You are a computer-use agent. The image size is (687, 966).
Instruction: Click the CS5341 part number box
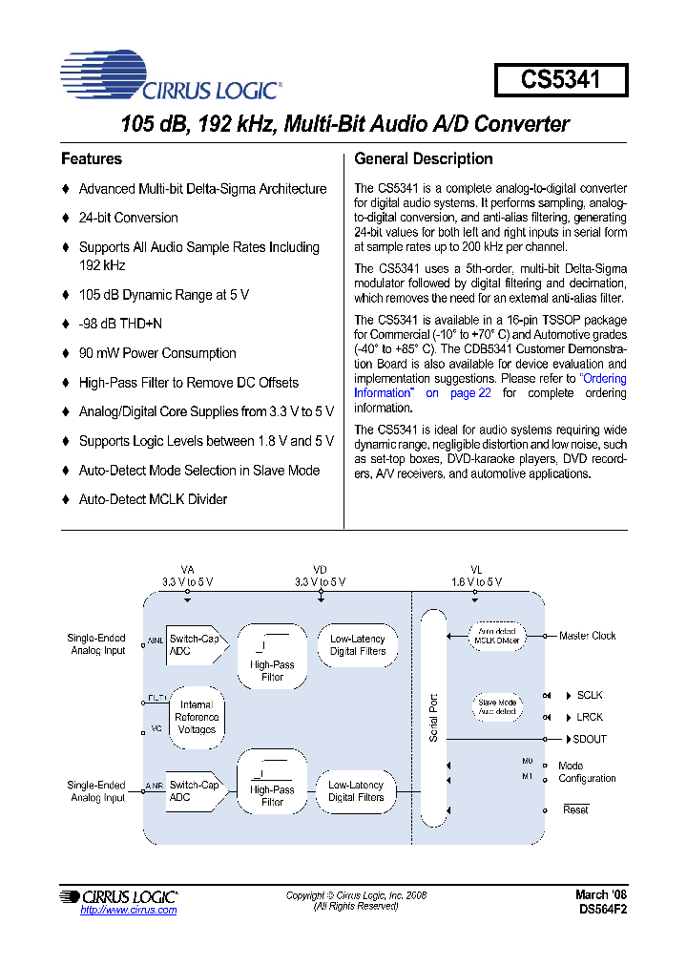561,80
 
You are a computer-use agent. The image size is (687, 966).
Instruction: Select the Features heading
92,159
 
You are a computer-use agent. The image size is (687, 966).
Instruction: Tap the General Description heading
423,159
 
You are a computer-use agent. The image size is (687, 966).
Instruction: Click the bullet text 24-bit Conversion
128,218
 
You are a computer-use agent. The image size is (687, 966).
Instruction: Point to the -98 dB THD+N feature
120,324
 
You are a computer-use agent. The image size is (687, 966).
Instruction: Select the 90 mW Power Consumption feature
157,353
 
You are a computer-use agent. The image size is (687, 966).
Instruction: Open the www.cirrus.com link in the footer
129,910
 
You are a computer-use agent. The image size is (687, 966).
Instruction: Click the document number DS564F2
602,910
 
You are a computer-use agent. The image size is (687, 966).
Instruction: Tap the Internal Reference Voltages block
197,717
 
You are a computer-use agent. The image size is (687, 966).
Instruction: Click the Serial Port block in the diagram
433,716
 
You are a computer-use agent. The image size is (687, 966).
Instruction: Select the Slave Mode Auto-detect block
496,707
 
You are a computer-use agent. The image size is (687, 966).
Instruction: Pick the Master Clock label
587,636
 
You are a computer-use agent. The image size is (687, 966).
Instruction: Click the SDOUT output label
590,739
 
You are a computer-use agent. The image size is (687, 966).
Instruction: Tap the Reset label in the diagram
575,809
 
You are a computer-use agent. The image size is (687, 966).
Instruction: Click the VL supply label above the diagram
476,569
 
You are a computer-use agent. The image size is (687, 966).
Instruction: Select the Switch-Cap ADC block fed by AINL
196,644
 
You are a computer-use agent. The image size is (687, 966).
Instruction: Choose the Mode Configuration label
586,772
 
